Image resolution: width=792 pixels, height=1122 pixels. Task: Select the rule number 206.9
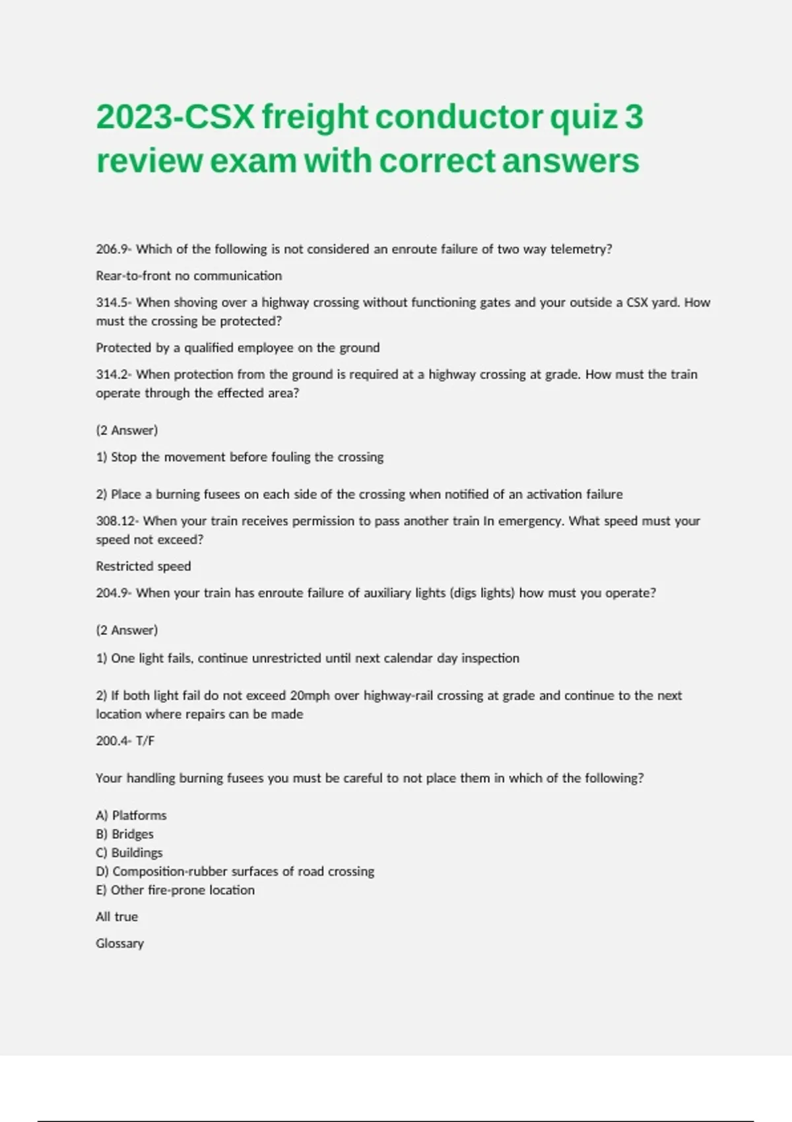112,249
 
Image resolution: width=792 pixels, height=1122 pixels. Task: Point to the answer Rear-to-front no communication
189,276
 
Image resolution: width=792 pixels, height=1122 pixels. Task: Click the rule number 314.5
112,303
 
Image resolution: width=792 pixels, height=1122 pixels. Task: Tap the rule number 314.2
112,375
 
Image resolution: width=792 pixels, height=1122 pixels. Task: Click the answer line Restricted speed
143,566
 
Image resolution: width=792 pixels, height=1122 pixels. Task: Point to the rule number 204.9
112,593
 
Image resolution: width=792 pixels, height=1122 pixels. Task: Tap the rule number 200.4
112,741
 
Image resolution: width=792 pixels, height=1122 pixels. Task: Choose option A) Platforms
131,816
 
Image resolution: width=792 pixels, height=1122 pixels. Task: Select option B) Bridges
125,834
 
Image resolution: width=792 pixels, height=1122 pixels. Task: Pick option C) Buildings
129,853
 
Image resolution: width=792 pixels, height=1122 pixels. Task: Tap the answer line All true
117,917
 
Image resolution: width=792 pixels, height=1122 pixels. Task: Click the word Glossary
119,944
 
